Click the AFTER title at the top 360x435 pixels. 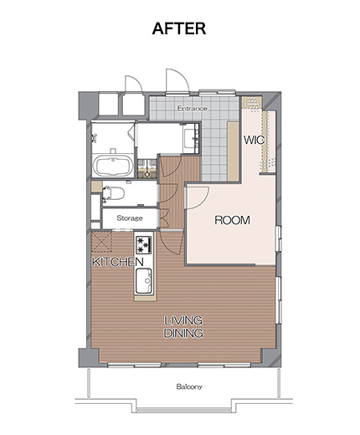[x=179, y=28]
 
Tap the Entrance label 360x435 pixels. [x=193, y=108]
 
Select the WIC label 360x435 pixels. [x=254, y=140]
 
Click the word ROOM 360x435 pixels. [x=232, y=220]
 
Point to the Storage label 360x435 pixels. [x=130, y=218]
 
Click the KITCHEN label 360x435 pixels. [x=117, y=262]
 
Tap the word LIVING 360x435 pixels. [x=183, y=320]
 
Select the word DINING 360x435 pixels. [x=183, y=333]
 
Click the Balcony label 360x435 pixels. [x=189, y=386]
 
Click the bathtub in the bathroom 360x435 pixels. [x=113, y=166]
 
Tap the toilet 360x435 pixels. [x=113, y=193]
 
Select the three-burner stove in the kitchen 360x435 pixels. [x=144, y=245]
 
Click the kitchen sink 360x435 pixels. [x=144, y=281]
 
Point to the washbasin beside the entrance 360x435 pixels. [x=191, y=138]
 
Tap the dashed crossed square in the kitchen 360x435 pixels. [x=101, y=242]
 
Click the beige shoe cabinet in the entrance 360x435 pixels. [x=233, y=151]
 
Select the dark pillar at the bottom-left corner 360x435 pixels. [x=89, y=357]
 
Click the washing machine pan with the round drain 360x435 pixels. [x=147, y=169]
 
